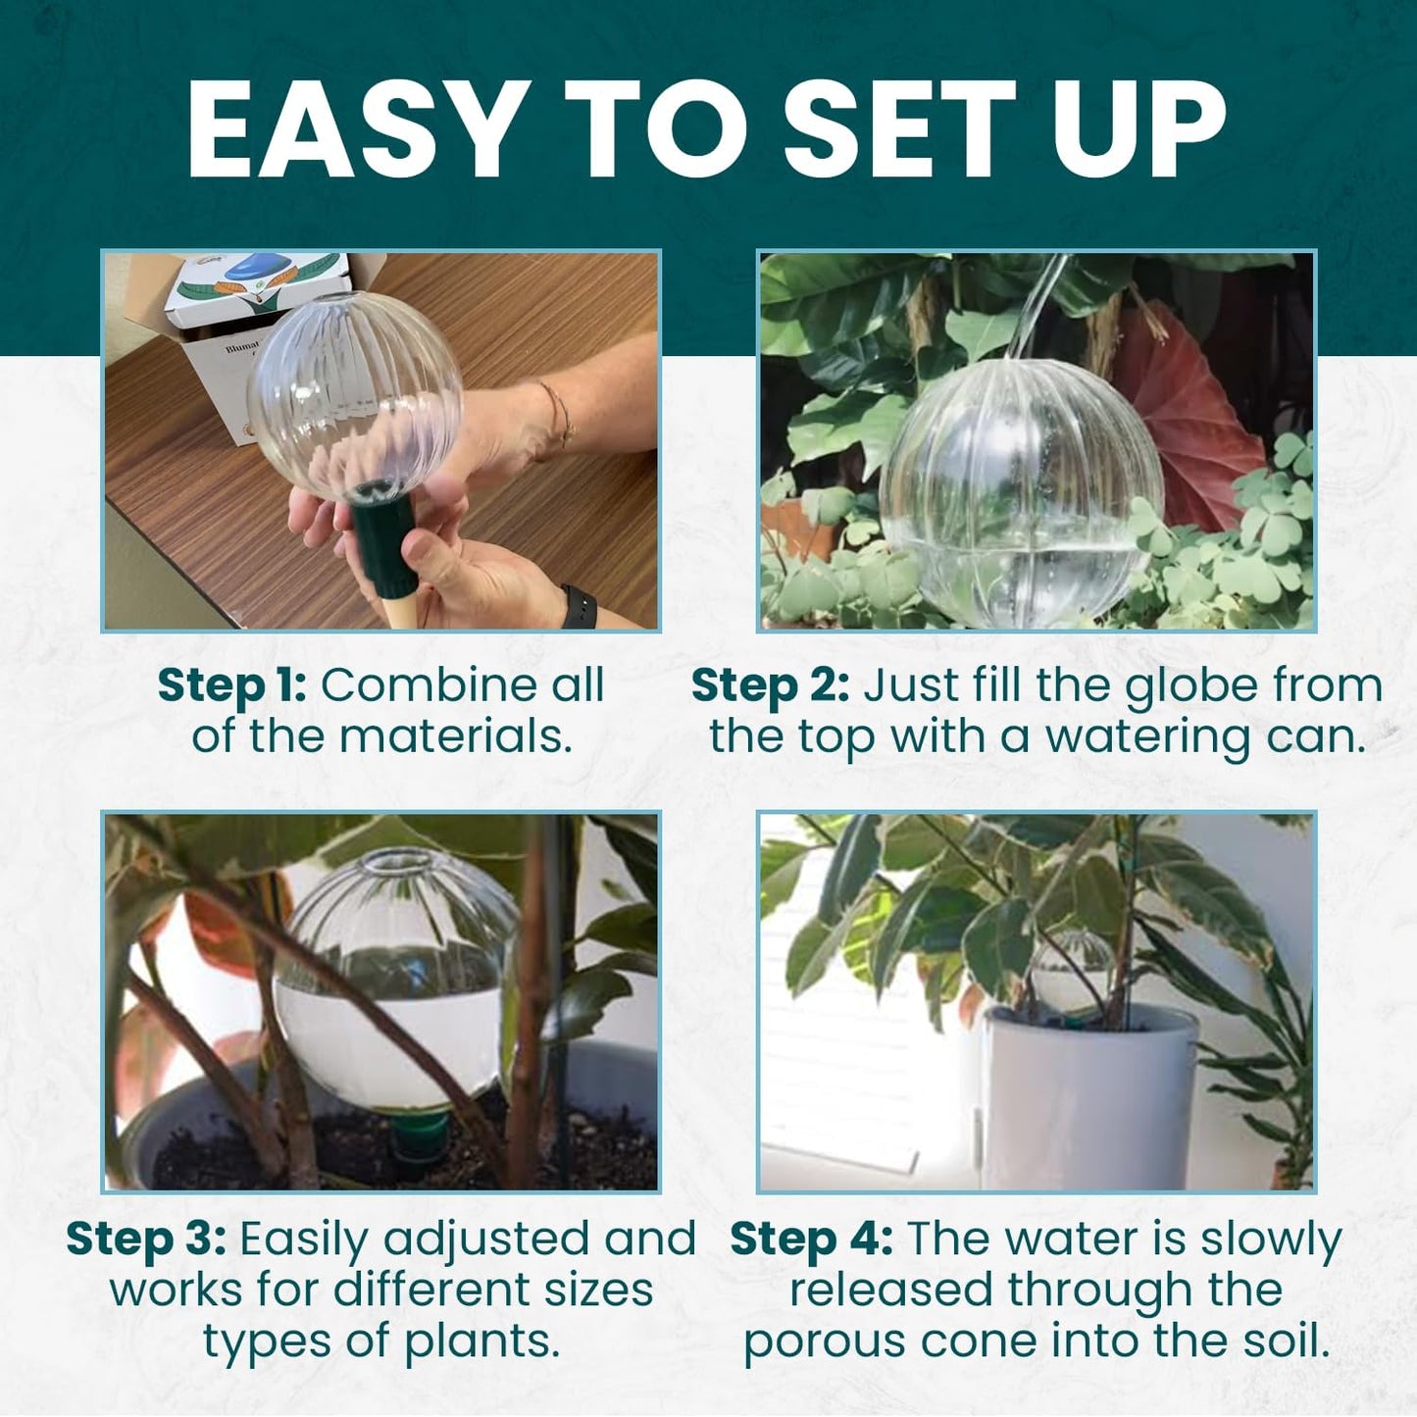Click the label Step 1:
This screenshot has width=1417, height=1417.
coord(231,685)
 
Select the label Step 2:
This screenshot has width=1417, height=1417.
coord(770,685)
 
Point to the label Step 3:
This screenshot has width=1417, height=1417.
coord(146,1240)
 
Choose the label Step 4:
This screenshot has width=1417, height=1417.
coord(811,1240)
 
